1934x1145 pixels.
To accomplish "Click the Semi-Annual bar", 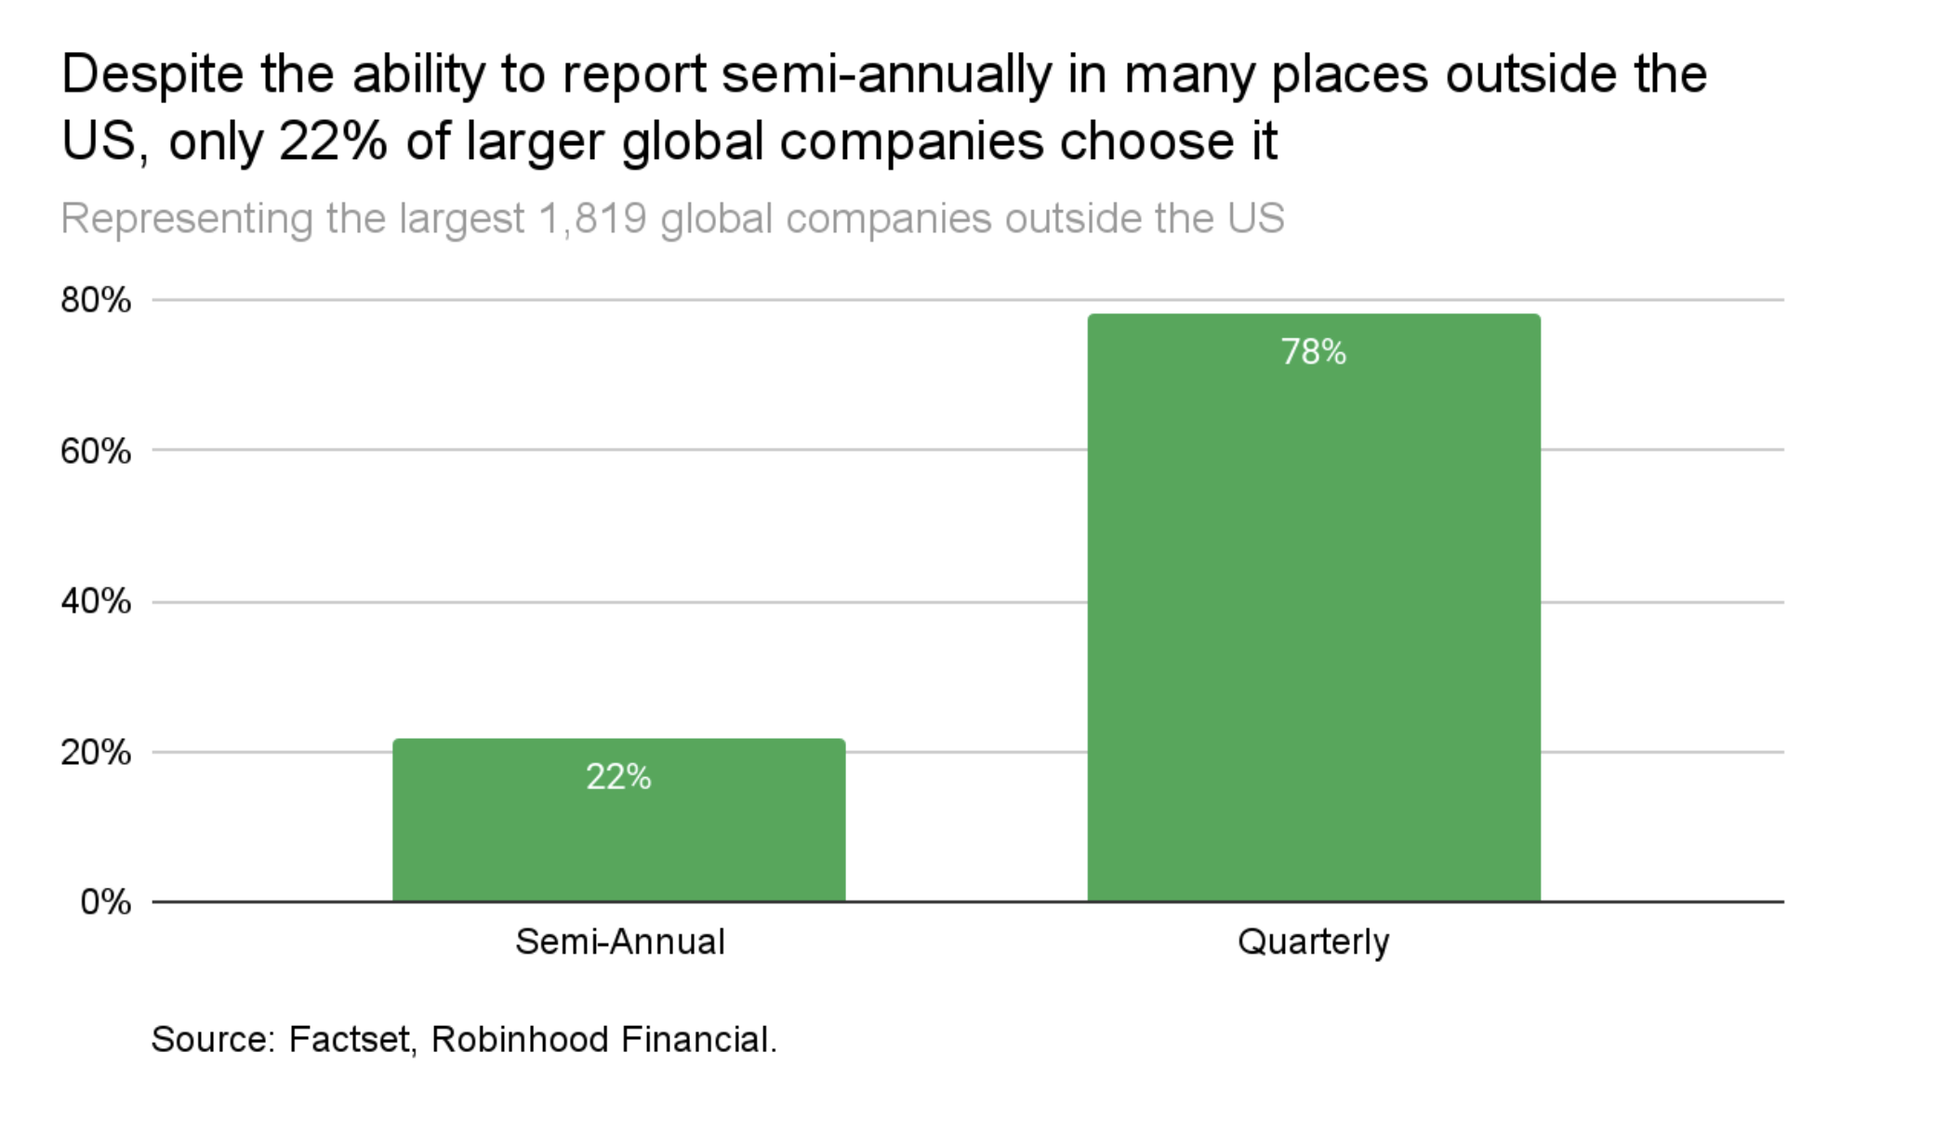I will (618, 836).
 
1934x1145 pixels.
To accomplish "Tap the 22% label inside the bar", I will (618, 777).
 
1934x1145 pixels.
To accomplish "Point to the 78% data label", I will (1313, 352).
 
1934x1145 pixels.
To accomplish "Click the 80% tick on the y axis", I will (96, 301).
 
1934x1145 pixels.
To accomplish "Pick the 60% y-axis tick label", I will (96, 452).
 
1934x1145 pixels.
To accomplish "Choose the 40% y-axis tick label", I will (96, 602).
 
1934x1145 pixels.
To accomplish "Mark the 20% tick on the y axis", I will (96, 753).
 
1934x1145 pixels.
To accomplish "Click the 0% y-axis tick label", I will (105, 902).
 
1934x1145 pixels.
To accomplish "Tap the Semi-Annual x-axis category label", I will (619, 942).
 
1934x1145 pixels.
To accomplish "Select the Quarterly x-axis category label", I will (1313, 942).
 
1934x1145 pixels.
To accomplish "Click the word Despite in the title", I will (152, 74).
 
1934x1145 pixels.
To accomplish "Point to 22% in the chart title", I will (332, 142).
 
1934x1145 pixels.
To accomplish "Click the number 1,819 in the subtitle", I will (592, 219).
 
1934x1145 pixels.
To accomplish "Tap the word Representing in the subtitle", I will (186, 219).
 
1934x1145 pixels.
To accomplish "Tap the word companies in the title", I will (911, 142).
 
